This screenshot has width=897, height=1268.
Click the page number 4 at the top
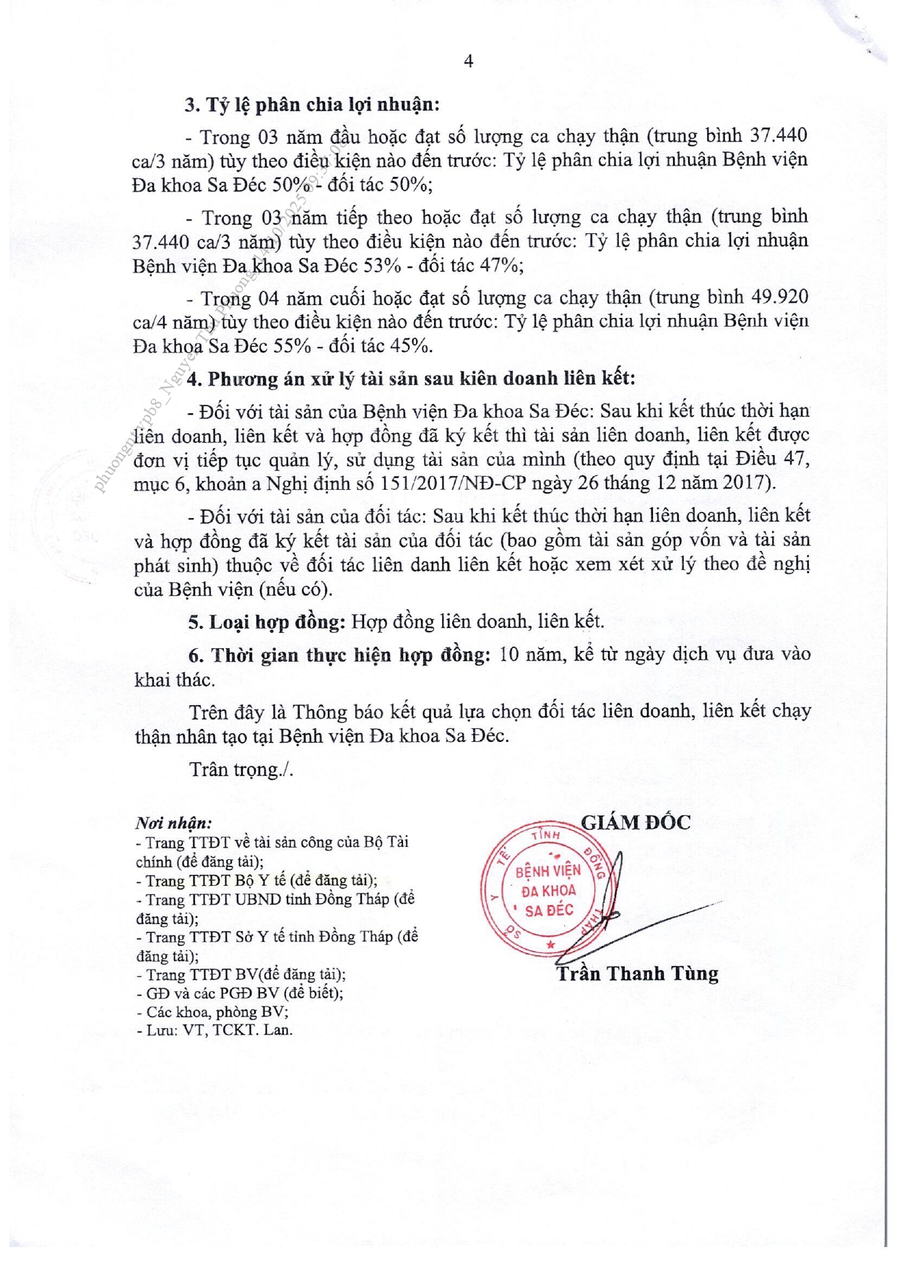pyautogui.click(x=468, y=62)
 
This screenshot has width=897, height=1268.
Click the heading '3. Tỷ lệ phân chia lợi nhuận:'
pyautogui.click(x=312, y=105)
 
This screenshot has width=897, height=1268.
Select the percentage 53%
pyautogui.click(x=382, y=266)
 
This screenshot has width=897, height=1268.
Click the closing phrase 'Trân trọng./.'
pyautogui.click(x=241, y=770)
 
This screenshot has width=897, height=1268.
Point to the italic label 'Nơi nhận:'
pyautogui.click(x=174, y=823)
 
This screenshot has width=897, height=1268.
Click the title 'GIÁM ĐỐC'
pyautogui.click(x=636, y=822)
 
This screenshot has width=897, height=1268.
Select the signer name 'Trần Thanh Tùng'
pyautogui.click(x=637, y=974)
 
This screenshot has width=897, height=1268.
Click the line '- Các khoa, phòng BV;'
pyautogui.click(x=212, y=1012)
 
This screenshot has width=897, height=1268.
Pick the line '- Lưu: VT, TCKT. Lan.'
pyautogui.click(x=214, y=1030)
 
